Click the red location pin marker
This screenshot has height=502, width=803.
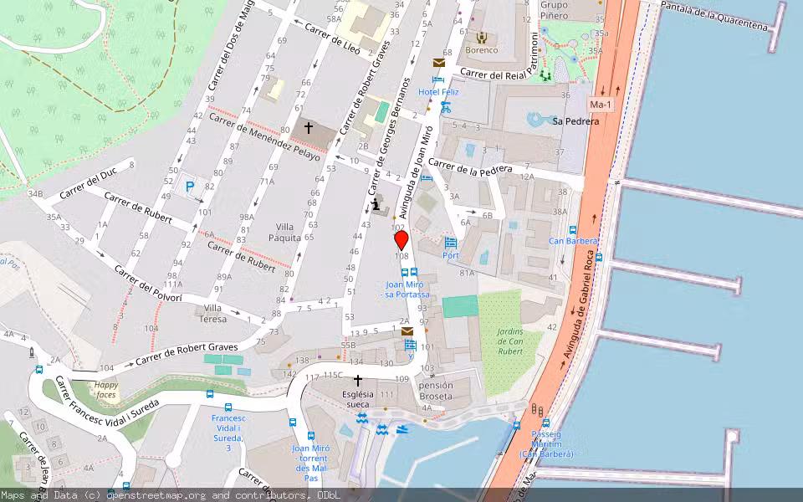click(401, 240)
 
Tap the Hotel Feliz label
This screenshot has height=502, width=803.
click(438, 91)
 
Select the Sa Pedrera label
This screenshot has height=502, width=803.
click(575, 121)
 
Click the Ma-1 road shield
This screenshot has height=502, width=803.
click(600, 105)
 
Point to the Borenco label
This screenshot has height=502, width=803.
click(482, 50)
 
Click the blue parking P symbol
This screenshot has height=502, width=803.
click(191, 187)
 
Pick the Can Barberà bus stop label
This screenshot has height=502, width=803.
click(573, 241)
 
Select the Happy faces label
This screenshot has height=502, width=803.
click(105, 389)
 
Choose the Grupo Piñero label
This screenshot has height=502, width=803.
click(554, 10)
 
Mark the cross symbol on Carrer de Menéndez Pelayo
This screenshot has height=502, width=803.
click(308, 128)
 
